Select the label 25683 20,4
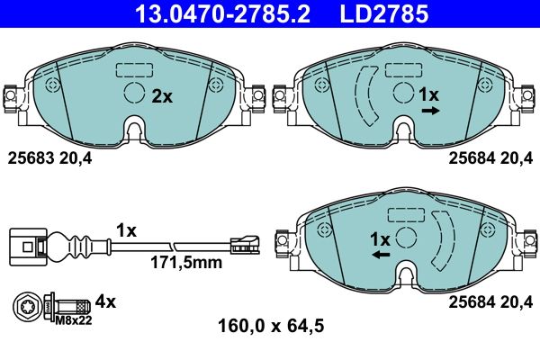click(50, 158)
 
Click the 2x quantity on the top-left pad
click(161, 96)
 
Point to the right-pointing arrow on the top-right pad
click(430, 111)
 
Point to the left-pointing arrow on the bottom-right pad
click(381, 256)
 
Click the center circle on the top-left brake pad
click(133, 94)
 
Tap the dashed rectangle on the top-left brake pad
click(134, 69)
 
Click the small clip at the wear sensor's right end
click(243, 242)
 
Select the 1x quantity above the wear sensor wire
click(125, 230)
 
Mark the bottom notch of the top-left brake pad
click(134, 131)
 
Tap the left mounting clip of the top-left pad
click(13, 95)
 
